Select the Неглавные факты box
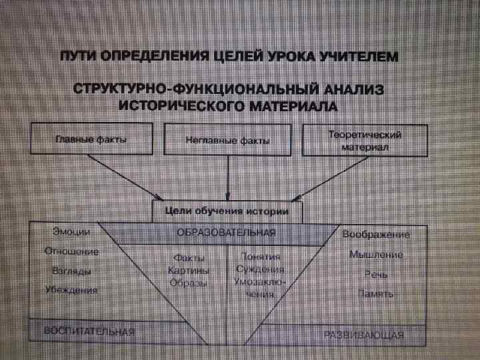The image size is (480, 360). (227, 140)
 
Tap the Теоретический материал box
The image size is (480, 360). (365, 140)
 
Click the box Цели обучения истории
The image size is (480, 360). (227, 212)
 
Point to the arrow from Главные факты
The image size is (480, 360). (127, 177)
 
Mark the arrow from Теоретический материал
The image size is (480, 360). (330, 177)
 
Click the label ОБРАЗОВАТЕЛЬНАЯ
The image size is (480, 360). (226, 233)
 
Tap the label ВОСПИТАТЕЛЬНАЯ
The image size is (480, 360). (89, 331)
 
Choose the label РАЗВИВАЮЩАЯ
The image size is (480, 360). (364, 334)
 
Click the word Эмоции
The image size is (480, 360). (71, 231)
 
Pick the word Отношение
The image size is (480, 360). (71, 251)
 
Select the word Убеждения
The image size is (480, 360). (71, 290)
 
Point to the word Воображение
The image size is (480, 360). (376, 235)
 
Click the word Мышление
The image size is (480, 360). (376, 255)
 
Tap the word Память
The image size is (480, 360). (376, 293)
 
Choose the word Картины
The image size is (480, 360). (189, 271)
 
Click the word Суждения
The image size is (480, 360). (260, 269)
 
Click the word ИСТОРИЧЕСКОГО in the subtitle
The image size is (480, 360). (171, 105)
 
